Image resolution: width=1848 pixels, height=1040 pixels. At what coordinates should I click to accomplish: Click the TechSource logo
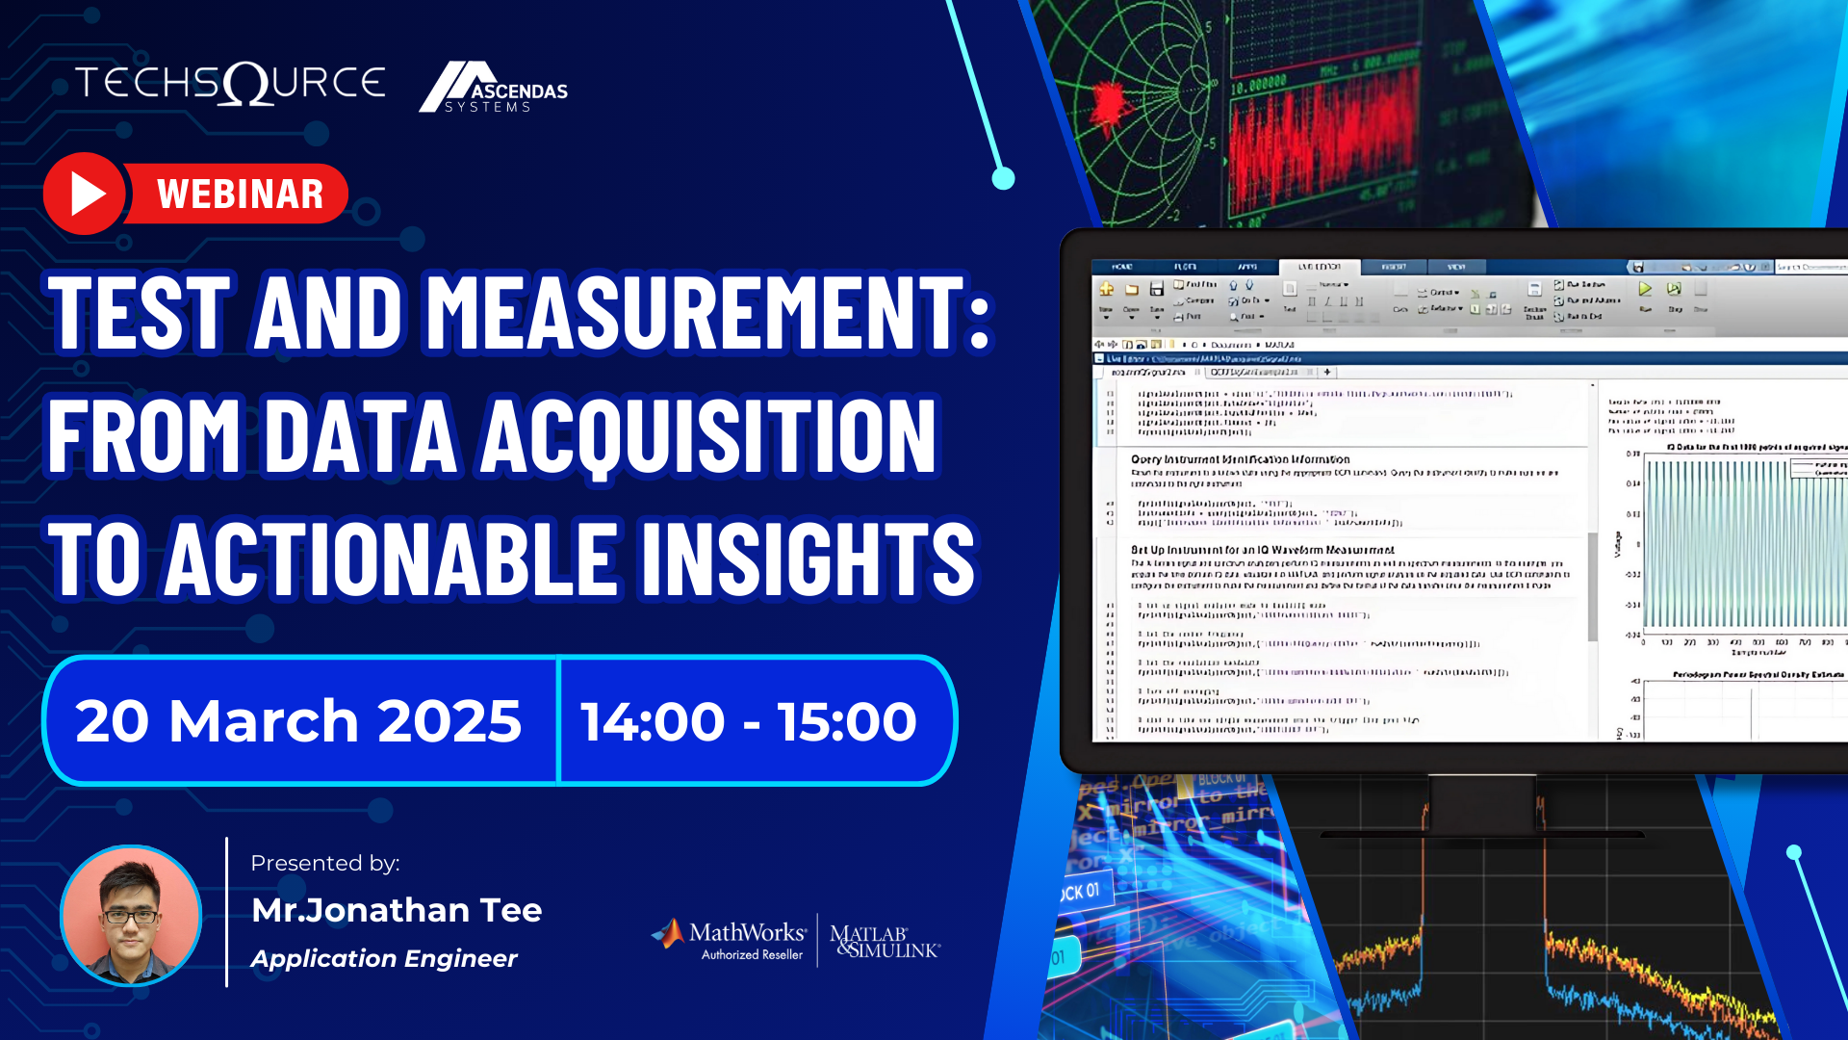[231, 83]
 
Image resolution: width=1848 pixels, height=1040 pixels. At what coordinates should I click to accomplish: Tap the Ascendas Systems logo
[493, 89]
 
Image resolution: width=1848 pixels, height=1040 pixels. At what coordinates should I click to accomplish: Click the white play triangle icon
[87, 195]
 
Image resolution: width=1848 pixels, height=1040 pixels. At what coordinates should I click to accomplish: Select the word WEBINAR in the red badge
[241, 195]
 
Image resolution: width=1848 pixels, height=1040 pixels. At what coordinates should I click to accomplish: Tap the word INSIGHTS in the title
[808, 559]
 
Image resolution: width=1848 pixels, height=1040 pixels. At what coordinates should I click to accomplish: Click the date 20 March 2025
[298, 721]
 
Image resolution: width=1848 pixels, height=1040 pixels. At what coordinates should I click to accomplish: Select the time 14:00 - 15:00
[749, 721]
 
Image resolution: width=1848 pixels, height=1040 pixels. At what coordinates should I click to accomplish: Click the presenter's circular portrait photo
[131, 916]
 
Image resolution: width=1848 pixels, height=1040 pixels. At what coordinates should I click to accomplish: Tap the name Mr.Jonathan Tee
[397, 910]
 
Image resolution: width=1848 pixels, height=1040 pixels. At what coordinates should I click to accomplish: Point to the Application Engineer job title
[384, 958]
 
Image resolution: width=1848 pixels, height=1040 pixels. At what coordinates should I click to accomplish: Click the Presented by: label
[325, 863]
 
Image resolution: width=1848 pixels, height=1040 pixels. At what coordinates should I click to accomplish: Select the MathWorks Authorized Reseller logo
[730, 940]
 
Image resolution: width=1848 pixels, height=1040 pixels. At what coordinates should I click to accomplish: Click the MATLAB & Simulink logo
[884, 941]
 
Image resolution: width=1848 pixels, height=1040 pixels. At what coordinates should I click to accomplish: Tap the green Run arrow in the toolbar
[1645, 289]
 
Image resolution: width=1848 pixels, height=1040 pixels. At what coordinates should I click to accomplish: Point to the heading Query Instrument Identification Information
[1240, 459]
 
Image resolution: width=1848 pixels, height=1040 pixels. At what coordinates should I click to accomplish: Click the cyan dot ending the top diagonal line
[1003, 178]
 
